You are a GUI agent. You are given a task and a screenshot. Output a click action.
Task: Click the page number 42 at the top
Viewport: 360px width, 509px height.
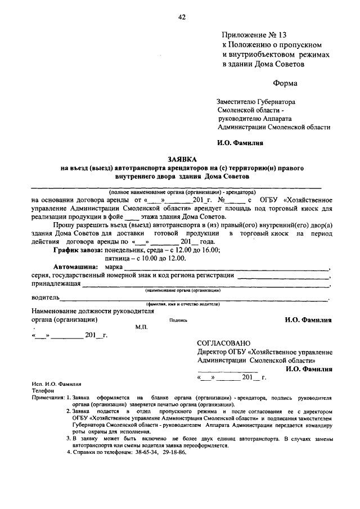click(x=182, y=17)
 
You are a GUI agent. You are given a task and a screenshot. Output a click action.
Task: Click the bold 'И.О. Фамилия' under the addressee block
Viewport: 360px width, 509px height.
click(x=240, y=143)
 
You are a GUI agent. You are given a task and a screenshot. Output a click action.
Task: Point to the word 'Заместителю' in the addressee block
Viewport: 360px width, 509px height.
click(x=238, y=102)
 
